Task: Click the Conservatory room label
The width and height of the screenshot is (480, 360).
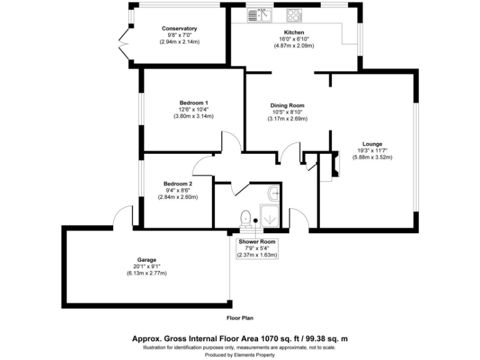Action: pyautogui.click(x=179, y=29)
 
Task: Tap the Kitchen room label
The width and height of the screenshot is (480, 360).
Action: pyautogui.click(x=294, y=32)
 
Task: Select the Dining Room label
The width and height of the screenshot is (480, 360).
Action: pyautogui.click(x=287, y=106)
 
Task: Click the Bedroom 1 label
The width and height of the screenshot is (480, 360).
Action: pyautogui.click(x=194, y=102)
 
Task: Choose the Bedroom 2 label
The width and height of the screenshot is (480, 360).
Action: pyautogui.click(x=177, y=184)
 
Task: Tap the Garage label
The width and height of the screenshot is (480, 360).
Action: pyautogui.click(x=146, y=259)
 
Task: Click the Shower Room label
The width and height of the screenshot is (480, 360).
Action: pyautogui.click(x=256, y=241)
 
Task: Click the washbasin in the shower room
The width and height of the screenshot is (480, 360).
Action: pyautogui.click(x=275, y=193)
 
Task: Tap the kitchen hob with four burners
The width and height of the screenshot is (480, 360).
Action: pyautogui.click(x=294, y=15)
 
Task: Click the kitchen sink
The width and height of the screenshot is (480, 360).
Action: pyautogui.click(x=256, y=15)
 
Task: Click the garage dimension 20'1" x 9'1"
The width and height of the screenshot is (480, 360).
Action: pyautogui.click(x=146, y=266)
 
